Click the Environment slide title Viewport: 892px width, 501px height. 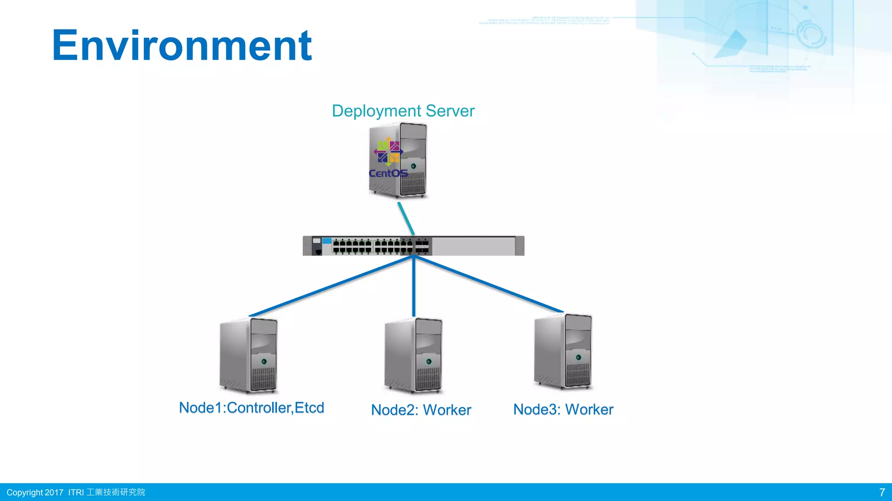click(182, 46)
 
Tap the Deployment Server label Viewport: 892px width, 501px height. click(403, 111)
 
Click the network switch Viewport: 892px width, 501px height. click(413, 246)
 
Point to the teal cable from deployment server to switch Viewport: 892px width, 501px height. click(406, 218)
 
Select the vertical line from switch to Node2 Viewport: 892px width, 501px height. click(413, 287)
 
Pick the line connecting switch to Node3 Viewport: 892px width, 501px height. click(488, 284)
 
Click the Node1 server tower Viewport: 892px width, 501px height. click(249, 355)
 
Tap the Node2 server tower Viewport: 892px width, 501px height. click(413, 355)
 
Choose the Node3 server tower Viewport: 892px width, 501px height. click(563, 351)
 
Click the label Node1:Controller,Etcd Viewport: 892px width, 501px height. click(251, 408)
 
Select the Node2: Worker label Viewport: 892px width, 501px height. click(421, 410)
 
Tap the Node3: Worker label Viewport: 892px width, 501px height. click(563, 409)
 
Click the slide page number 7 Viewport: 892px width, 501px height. click(882, 492)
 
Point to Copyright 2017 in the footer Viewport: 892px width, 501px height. click(35, 492)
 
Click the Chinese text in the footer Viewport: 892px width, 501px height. click(116, 492)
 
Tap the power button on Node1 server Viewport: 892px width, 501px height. click(264, 361)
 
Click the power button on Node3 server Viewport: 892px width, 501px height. click(578, 357)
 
